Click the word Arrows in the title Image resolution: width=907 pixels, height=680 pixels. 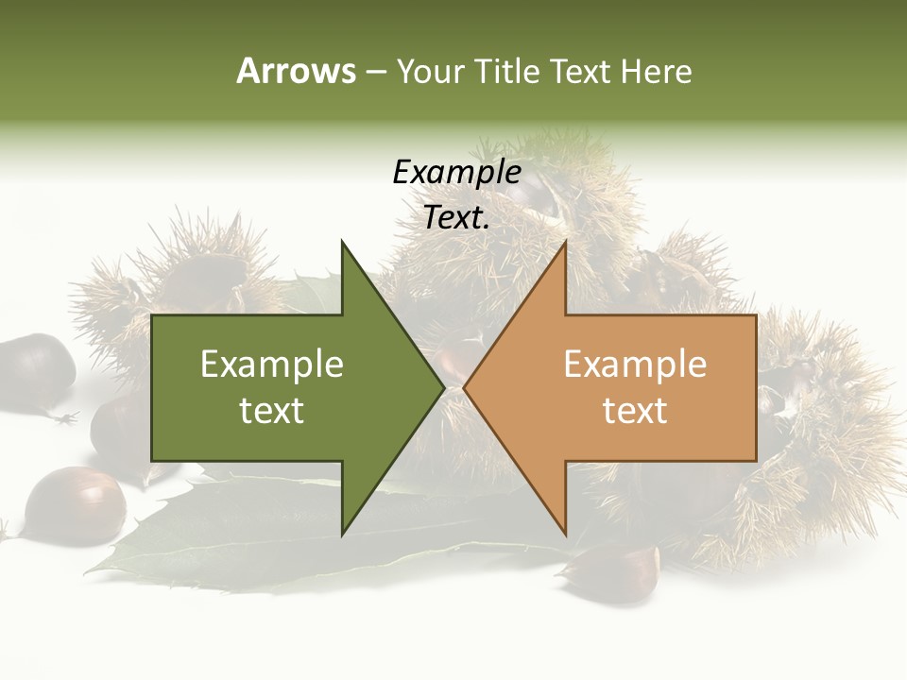296,71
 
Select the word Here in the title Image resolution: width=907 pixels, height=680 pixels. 656,71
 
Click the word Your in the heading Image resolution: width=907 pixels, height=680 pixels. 428,71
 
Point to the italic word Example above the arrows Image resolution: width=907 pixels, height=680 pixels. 456,172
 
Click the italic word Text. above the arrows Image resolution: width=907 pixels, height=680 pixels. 456,217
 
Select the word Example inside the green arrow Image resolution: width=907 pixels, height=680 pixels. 272,364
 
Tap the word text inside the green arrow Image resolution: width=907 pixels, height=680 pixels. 272,411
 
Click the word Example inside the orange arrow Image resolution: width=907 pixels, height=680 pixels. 635,364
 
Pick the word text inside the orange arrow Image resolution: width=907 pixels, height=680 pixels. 635,411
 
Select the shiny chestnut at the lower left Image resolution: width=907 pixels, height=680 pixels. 75,505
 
